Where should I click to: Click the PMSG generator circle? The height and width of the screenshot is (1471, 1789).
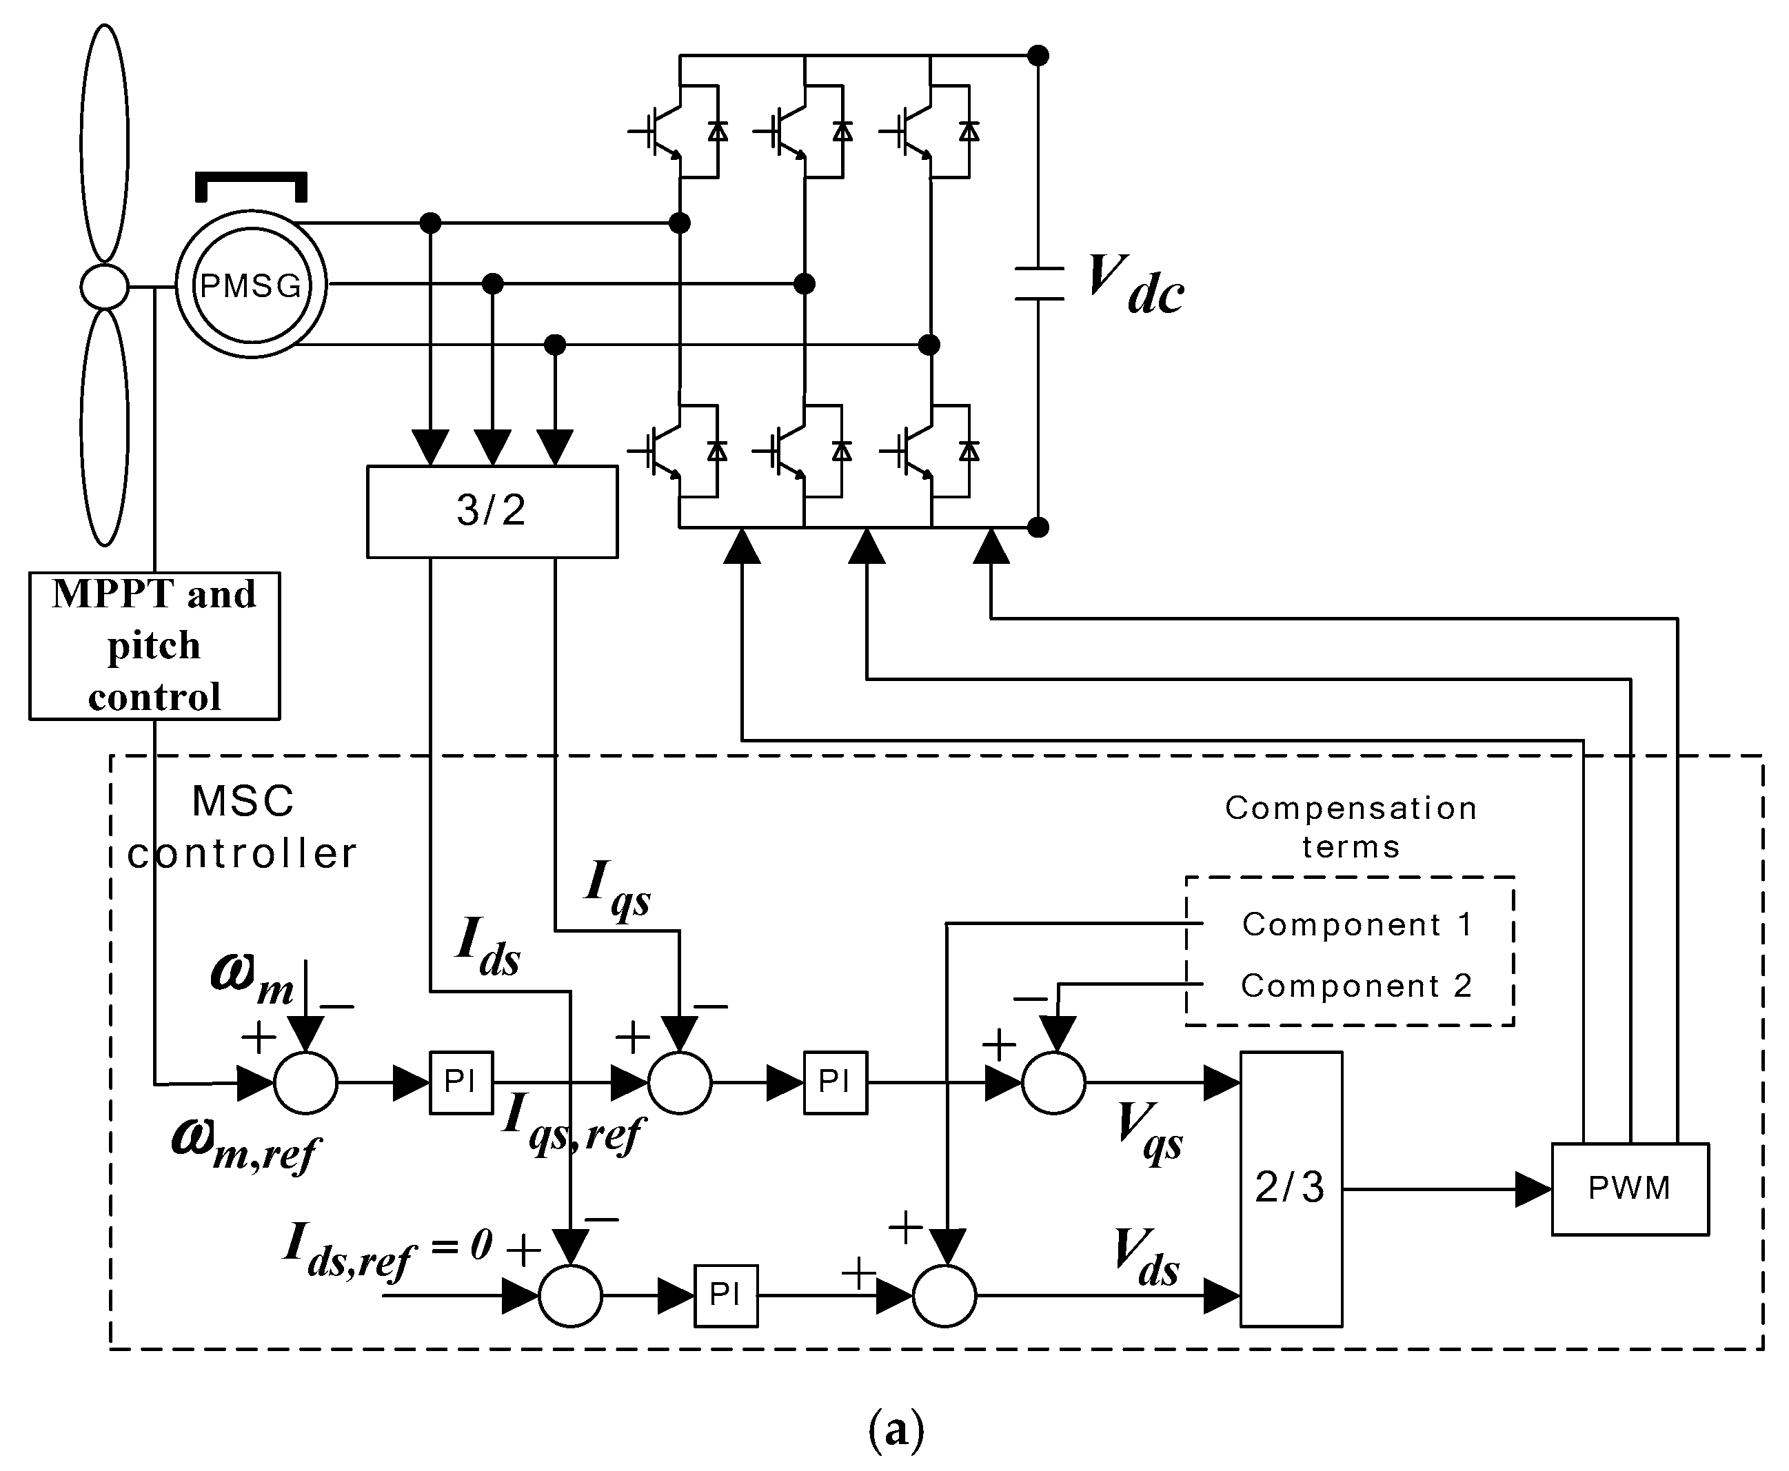pyautogui.click(x=251, y=285)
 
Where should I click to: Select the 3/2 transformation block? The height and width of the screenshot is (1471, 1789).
pyautogui.click(x=492, y=511)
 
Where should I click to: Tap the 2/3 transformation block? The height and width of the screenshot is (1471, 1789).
pyautogui.click(x=1290, y=1188)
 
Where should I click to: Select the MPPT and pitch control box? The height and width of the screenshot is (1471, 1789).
pyautogui.click(x=154, y=646)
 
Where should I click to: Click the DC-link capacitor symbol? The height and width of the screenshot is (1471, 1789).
pyautogui.click(x=1038, y=284)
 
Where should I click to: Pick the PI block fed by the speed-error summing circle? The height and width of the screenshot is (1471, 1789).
pyautogui.click(x=460, y=1082)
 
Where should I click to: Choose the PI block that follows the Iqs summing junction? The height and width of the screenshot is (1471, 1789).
pyautogui.click(x=835, y=1082)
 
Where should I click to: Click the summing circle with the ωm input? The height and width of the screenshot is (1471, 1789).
pyautogui.click(x=305, y=1082)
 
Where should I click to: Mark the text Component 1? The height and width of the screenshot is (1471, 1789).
pyautogui.click(x=1357, y=924)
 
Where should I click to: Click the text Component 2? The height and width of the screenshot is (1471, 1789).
pyautogui.click(x=1356, y=986)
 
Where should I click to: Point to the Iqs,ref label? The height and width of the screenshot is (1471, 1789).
pyautogui.click(x=572, y=1123)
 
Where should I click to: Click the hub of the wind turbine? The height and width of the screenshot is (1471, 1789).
pyautogui.click(x=104, y=286)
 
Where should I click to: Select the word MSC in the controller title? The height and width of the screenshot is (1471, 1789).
pyautogui.click(x=243, y=801)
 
